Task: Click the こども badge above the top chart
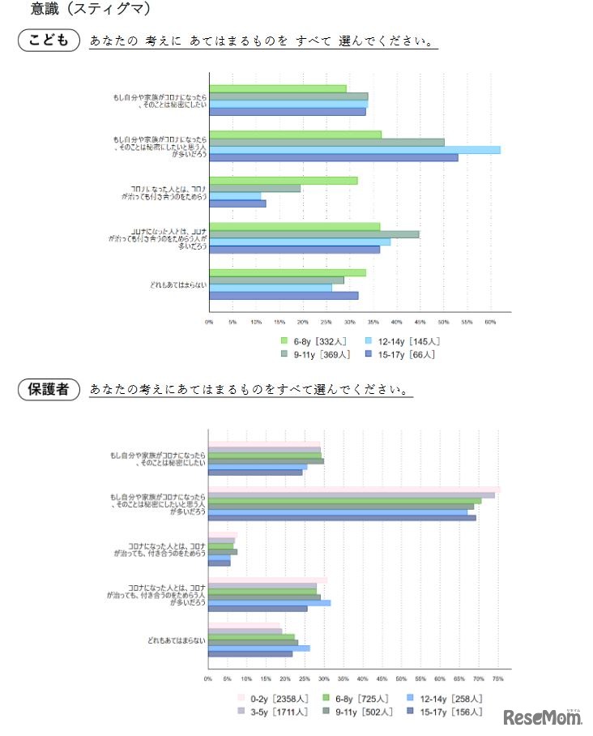coord(49,40)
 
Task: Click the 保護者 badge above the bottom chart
coord(49,389)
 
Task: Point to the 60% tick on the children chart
coord(489,322)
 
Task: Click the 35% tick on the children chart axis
coord(373,322)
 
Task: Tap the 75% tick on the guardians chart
coord(497,678)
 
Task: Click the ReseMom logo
coord(542,718)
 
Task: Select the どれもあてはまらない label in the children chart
coord(179,285)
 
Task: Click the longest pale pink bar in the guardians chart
coord(354,490)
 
